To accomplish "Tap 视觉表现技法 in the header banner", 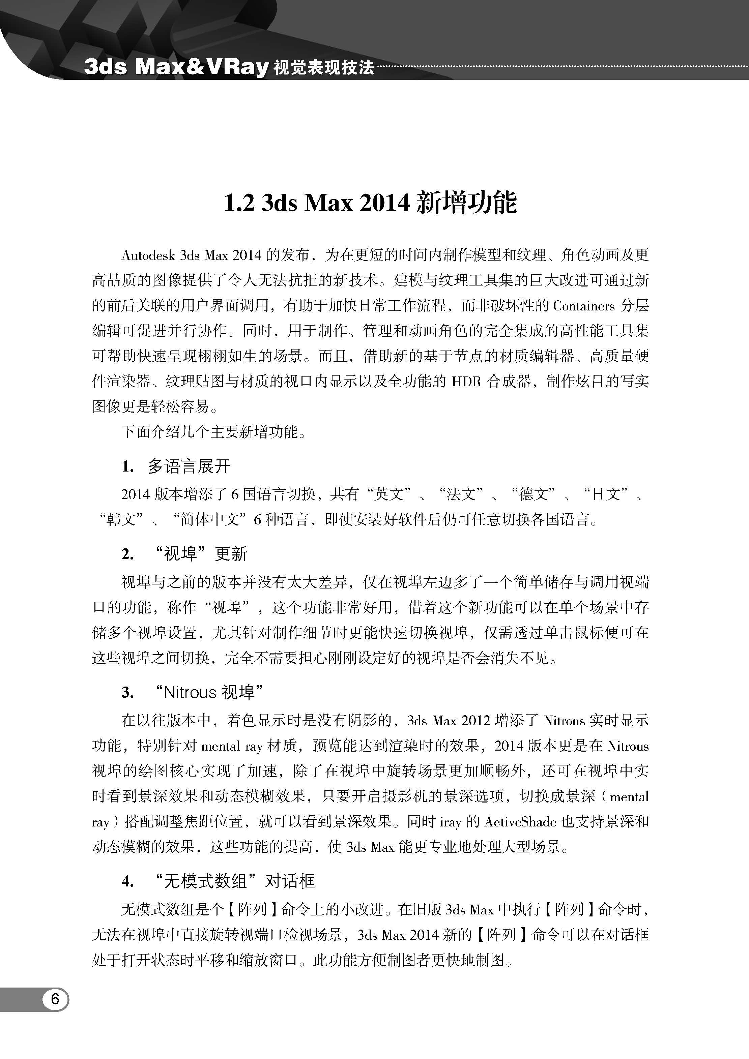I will click(x=323, y=68).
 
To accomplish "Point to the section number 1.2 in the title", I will click(x=238, y=203).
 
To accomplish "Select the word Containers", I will click(x=584, y=306).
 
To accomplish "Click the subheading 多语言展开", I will click(x=189, y=466).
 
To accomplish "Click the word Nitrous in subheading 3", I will click(x=190, y=692).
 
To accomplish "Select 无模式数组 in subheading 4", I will click(x=206, y=881).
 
